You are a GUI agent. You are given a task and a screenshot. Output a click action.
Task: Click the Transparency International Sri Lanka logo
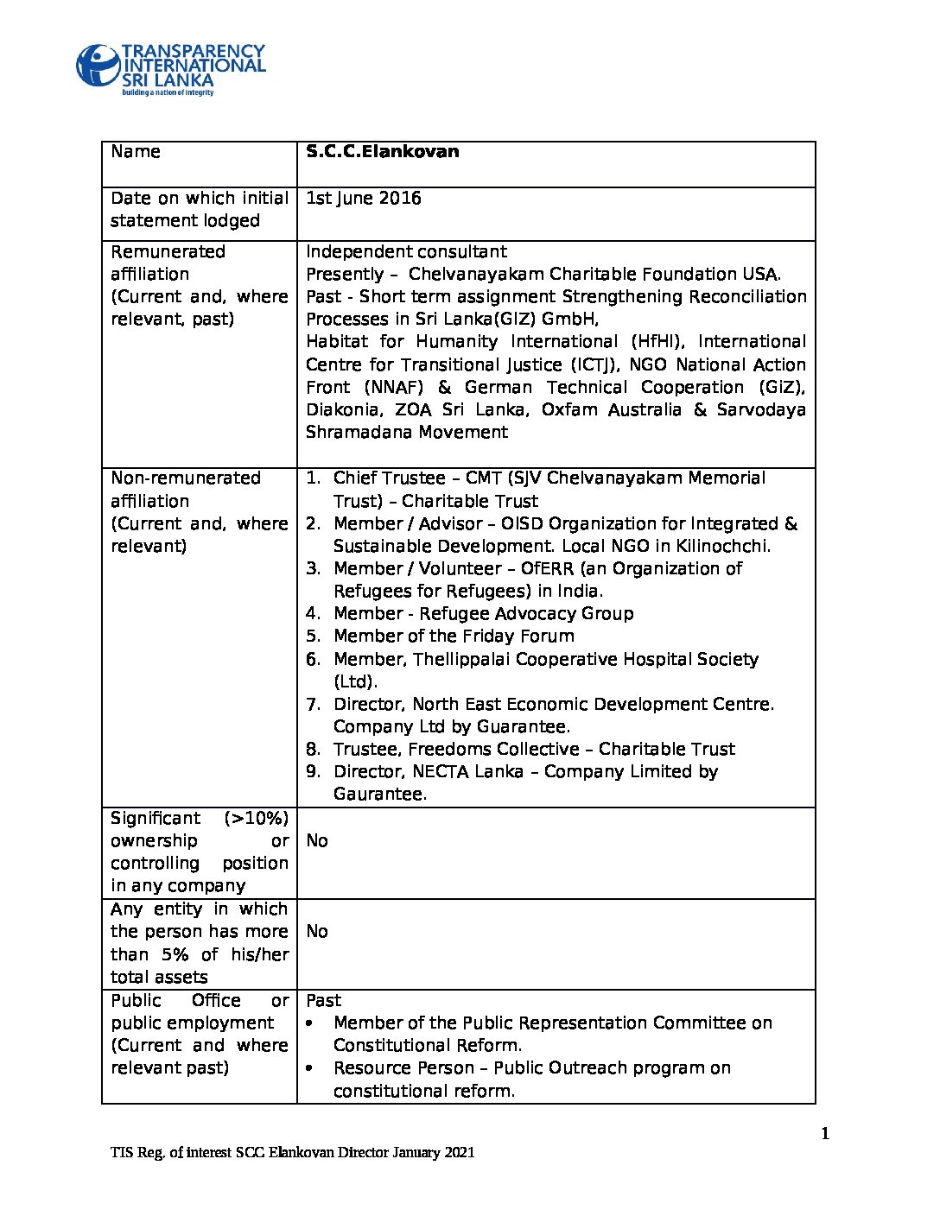(x=170, y=69)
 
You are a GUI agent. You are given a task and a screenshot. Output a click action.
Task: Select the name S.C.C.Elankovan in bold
(x=382, y=152)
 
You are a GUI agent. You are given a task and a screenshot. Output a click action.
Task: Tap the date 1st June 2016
(x=363, y=199)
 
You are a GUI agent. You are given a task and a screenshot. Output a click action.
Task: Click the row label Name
(x=136, y=152)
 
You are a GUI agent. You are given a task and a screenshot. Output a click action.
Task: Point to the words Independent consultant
(x=406, y=252)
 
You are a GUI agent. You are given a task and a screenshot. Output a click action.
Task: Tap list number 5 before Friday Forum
(x=313, y=636)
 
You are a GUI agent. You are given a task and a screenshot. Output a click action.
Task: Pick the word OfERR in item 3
(x=549, y=569)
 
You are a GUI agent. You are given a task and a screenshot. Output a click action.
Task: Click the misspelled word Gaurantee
(x=379, y=795)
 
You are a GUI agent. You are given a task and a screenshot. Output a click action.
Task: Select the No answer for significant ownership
(x=317, y=841)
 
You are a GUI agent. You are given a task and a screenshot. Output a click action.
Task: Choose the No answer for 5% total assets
(x=317, y=932)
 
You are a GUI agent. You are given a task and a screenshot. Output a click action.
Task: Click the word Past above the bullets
(x=324, y=1001)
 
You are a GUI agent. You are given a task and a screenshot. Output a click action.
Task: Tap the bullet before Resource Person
(x=310, y=1069)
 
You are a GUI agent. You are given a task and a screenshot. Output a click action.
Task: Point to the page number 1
(x=825, y=1134)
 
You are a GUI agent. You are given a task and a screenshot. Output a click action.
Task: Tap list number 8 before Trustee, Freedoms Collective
(x=313, y=750)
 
